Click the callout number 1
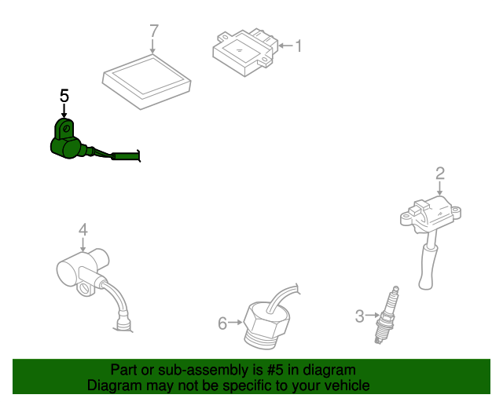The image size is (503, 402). click(299, 46)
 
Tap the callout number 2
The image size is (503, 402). click(440, 173)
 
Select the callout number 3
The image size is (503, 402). click(360, 316)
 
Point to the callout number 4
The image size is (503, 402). click(83, 230)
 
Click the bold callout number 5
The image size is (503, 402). click(64, 96)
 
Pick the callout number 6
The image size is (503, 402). click(222, 323)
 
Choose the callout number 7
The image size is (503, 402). click(154, 31)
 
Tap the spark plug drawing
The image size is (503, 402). click(387, 316)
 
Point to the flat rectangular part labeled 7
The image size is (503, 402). click(147, 82)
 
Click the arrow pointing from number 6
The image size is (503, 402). click(235, 322)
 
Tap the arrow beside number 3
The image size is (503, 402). click(373, 316)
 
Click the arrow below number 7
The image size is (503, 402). click(152, 46)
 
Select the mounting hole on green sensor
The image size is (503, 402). click(66, 129)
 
